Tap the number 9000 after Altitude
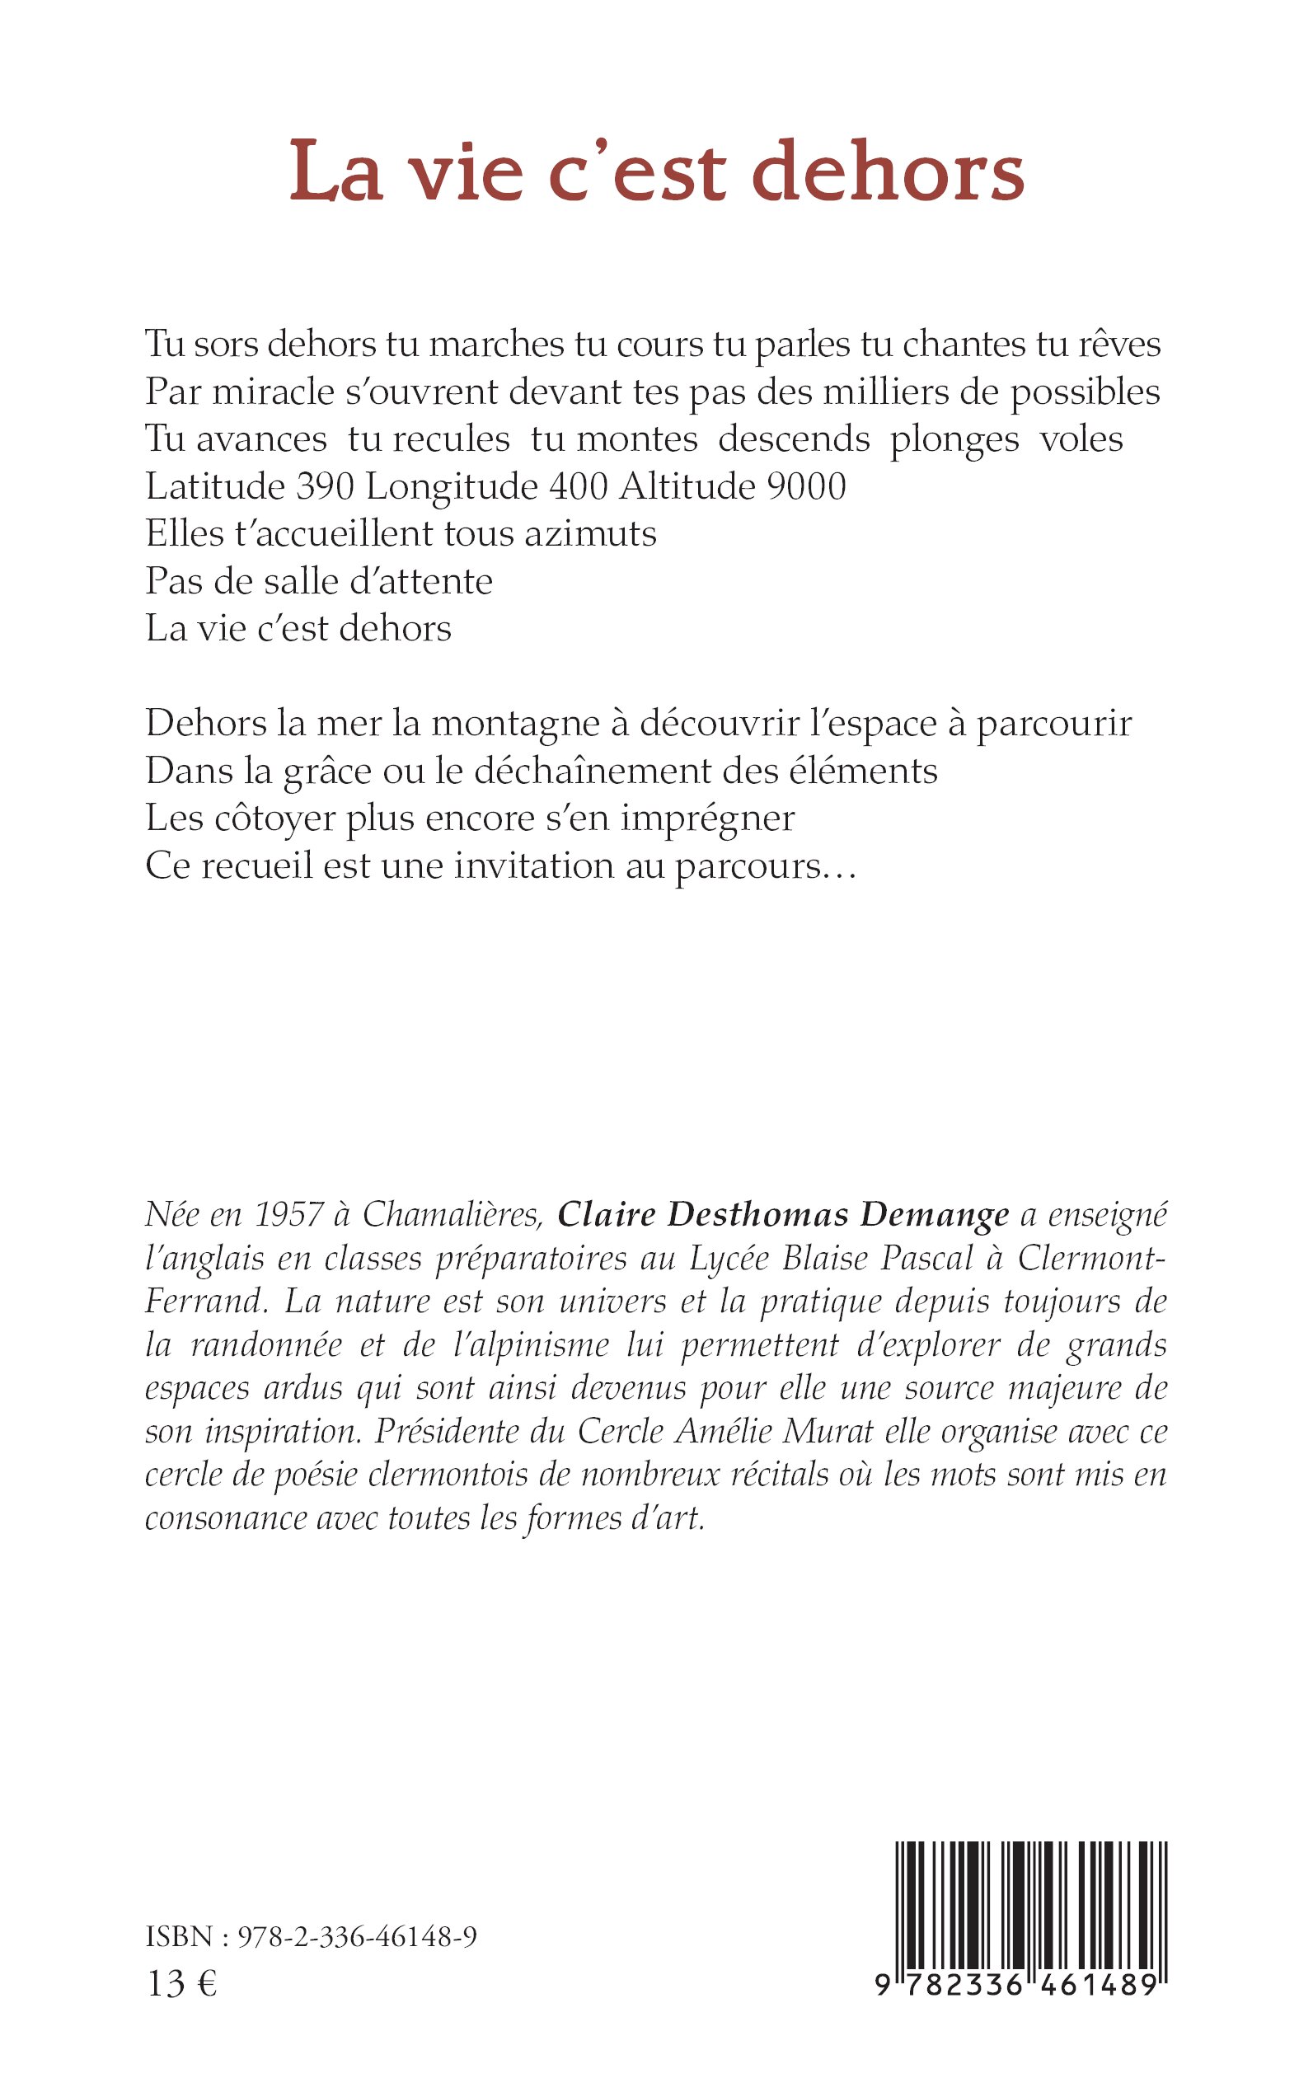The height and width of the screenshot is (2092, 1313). (807, 486)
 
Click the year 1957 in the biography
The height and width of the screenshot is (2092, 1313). (290, 1214)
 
